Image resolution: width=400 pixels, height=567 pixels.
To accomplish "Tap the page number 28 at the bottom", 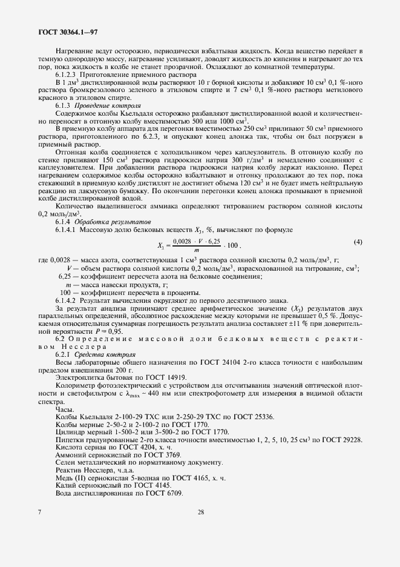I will (200, 512).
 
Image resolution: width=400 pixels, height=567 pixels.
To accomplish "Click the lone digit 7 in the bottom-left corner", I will (39, 512).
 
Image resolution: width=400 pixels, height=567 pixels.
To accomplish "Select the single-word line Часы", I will (64, 409).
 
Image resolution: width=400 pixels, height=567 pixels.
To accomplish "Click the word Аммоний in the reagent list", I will (70, 454).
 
